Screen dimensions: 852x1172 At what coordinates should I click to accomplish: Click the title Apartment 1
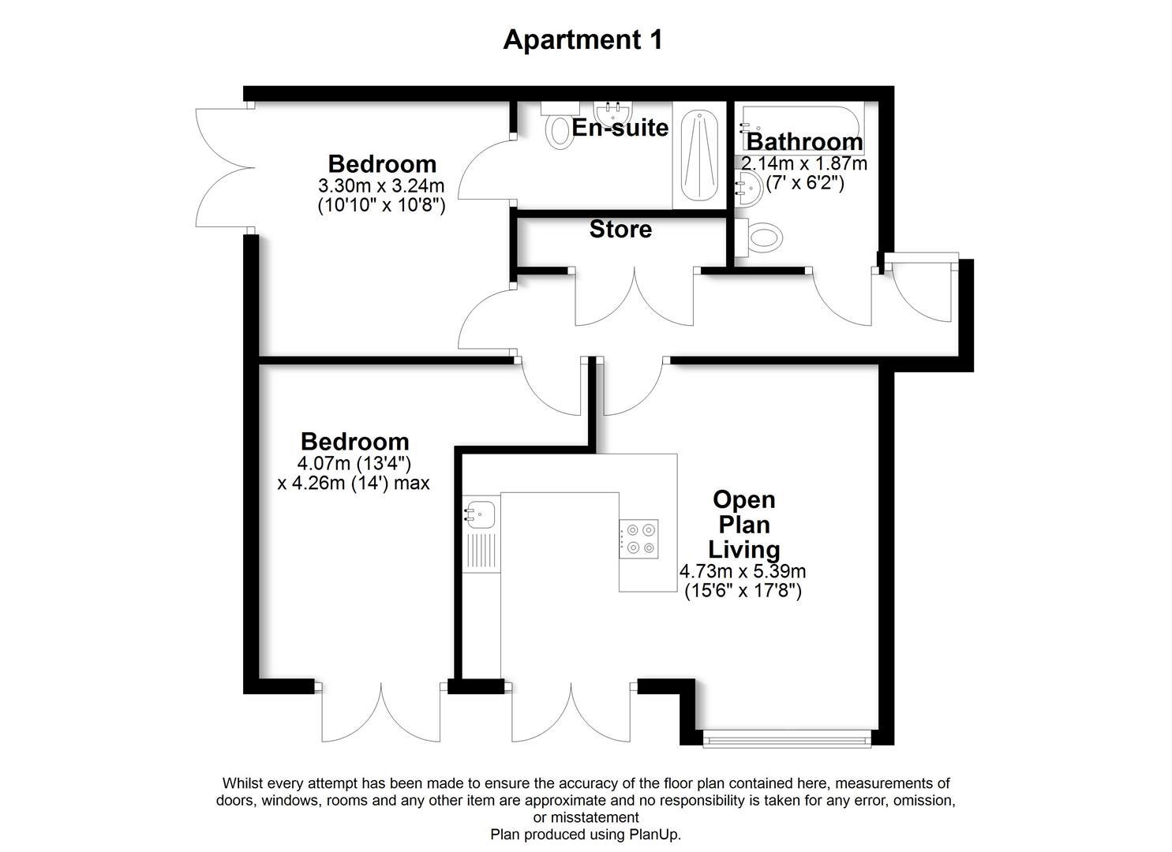583,39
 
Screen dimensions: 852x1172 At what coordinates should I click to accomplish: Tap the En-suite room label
620,128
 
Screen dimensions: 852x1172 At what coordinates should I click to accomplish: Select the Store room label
620,230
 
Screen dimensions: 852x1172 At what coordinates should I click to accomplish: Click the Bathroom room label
804,142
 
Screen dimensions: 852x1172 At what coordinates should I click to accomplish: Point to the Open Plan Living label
743,524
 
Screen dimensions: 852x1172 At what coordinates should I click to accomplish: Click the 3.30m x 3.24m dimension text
381,187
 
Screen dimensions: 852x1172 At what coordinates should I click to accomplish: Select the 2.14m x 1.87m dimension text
803,164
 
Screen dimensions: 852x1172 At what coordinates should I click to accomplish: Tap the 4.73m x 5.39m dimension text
743,571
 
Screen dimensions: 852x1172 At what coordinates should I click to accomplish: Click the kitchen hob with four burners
638,538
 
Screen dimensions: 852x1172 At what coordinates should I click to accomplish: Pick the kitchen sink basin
479,514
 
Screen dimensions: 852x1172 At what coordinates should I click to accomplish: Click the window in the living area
786,739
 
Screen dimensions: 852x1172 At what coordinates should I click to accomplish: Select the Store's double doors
635,297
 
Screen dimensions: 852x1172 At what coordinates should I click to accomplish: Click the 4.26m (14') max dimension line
354,483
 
